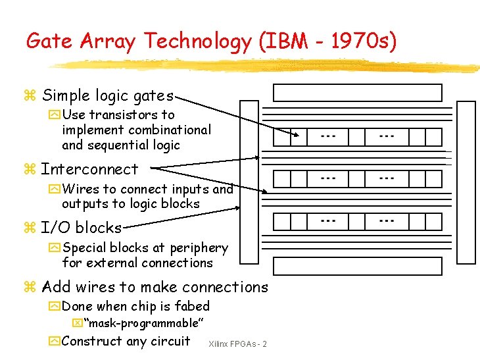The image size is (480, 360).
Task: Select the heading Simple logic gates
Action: (107, 95)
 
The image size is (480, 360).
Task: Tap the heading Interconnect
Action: (89, 169)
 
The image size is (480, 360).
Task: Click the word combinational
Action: (170, 130)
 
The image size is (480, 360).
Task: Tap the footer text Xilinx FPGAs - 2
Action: (237, 344)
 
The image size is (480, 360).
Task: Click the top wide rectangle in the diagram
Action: (357, 92)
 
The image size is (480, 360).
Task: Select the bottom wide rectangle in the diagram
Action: (357, 266)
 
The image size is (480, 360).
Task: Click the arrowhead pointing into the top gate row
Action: (302, 136)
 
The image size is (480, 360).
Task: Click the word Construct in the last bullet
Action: (91, 341)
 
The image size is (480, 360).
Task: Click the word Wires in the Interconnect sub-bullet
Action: (82, 190)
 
